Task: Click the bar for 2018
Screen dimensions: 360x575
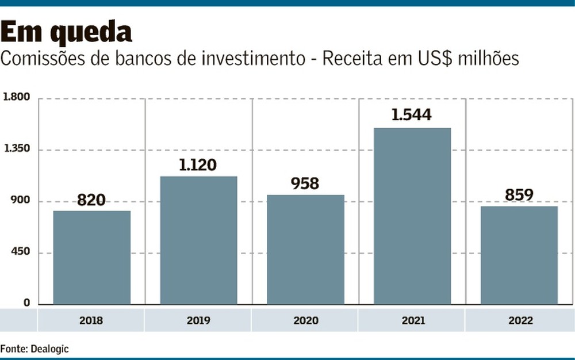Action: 92,257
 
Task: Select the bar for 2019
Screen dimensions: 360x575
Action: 198,240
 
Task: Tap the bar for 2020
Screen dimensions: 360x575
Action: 305,249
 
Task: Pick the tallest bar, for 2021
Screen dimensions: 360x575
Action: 412,216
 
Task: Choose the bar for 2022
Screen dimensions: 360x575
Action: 519,255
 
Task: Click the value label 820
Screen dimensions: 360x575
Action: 91,200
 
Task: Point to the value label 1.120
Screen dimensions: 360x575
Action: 198,166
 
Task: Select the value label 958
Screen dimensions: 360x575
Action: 305,183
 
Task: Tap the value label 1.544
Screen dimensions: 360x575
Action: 411,115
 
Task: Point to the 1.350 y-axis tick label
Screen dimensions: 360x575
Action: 16,150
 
